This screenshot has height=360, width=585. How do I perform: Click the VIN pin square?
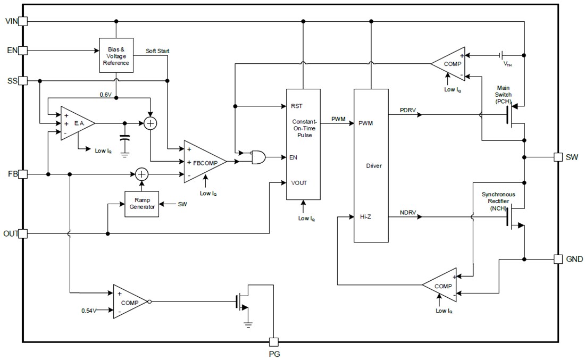22,21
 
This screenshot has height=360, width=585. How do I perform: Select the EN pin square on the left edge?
22,51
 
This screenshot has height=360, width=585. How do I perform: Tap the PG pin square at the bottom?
273,342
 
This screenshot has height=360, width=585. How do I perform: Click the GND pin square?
558,259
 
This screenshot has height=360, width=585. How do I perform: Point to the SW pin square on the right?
558,157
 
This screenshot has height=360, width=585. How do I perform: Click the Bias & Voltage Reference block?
116,56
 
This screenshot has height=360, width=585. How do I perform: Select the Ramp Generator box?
141,203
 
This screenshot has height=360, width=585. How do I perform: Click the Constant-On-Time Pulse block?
303,144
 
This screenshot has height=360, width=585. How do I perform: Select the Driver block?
371,165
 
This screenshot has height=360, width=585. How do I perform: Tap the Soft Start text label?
157,51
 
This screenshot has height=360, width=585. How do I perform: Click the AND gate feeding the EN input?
258,157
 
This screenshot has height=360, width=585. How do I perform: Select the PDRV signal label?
408,110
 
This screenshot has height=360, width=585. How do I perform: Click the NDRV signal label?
408,213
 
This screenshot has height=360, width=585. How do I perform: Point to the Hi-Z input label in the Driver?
365,217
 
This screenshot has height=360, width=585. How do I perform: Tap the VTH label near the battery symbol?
508,63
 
